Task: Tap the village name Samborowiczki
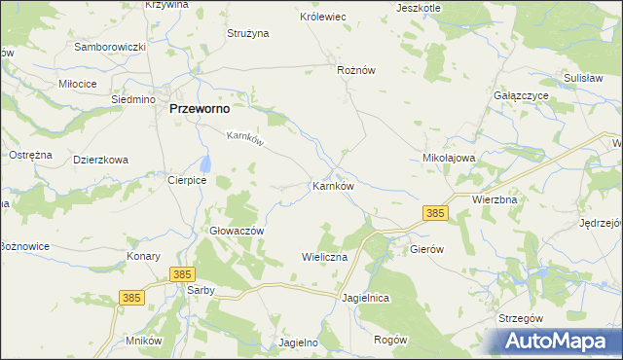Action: tap(110, 47)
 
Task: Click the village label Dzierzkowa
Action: tap(100, 160)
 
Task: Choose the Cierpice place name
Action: tap(185, 179)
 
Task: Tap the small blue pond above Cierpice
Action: tap(204, 162)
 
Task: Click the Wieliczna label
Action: tap(324, 257)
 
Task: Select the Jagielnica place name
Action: tap(365, 298)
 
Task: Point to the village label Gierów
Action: tap(426, 249)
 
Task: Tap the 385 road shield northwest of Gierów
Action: tap(434, 212)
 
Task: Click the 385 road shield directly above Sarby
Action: tap(181, 275)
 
